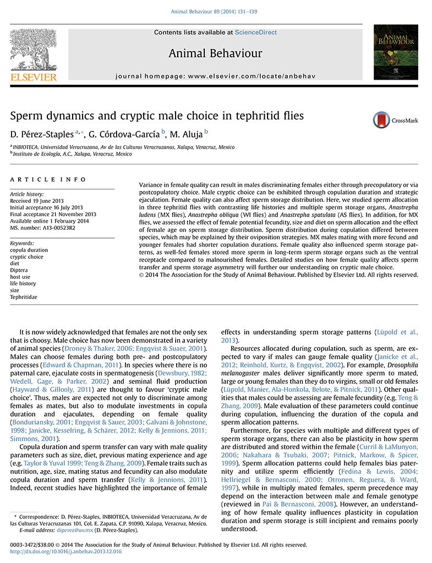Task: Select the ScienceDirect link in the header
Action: tap(255, 32)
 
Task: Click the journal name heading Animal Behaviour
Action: tap(215, 53)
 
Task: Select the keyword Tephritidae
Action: tap(25, 297)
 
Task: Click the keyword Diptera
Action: tap(20, 269)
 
